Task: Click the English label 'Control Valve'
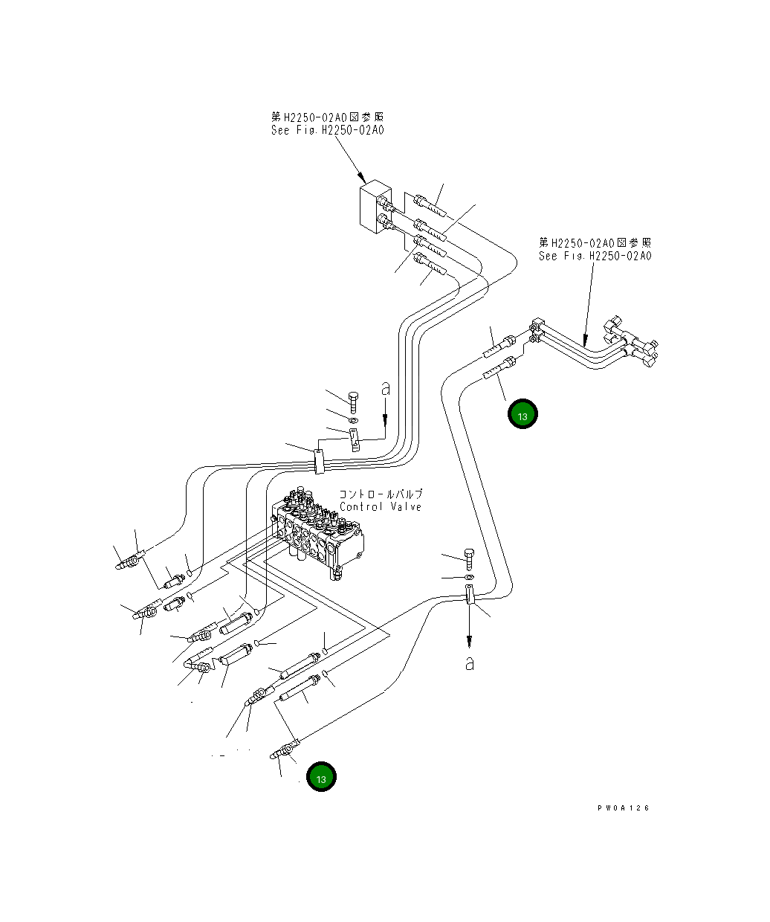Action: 380,507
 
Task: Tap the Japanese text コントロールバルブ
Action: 381,494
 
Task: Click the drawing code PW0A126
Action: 623,808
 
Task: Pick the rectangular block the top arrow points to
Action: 376,206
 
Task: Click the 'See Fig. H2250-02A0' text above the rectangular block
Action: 328,130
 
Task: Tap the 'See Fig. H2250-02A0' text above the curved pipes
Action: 595,256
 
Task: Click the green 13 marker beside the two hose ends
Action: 522,413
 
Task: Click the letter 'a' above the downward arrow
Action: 386,389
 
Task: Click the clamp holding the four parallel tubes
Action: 319,462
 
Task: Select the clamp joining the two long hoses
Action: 469,594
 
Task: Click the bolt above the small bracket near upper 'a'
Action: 353,402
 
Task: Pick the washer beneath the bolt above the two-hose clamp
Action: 469,577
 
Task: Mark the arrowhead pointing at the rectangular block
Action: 362,178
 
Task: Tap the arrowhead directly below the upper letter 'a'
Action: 385,419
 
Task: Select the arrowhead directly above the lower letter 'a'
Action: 469,642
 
